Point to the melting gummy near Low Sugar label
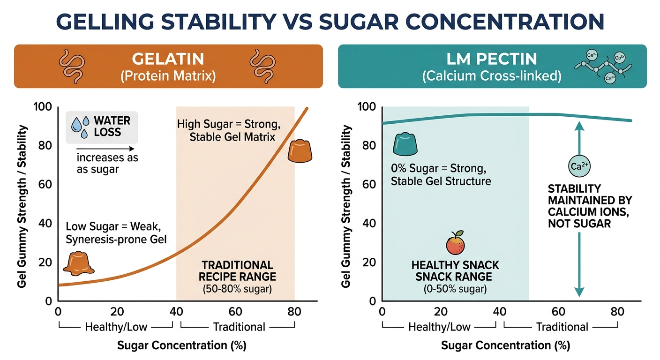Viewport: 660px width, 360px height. (x=78, y=262)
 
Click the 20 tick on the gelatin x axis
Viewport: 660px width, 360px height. (x=117, y=312)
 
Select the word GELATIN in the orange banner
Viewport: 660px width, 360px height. (x=168, y=59)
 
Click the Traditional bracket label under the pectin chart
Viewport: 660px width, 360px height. (x=562, y=327)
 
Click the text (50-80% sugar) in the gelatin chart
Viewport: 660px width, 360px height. (x=237, y=289)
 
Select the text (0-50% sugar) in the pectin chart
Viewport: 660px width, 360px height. (x=455, y=289)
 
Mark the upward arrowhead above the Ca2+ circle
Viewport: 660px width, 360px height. (x=579, y=125)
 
